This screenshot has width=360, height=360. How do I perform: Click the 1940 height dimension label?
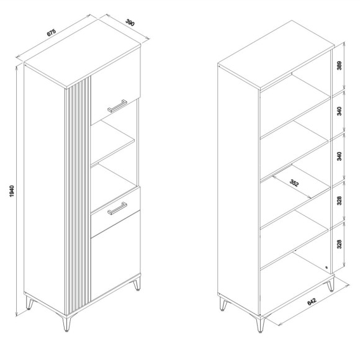pos(12,191)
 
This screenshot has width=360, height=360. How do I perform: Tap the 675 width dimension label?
pos(51,32)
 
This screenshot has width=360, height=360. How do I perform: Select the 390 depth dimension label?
pos(130,22)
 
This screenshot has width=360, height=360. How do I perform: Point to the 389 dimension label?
pos(340,66)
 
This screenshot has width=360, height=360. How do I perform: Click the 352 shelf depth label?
pos(294,183)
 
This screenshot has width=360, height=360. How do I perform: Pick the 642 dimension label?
pos(312,302)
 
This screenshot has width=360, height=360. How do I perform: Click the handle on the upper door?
pos(117,106)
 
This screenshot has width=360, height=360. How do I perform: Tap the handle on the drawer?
pos(117,209)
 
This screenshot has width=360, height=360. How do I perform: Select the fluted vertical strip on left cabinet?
pos(78,195)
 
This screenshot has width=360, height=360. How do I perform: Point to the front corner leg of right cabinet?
pos(260,324)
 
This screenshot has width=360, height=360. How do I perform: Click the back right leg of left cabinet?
pos(137,284)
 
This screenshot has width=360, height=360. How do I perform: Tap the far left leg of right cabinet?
pos(223,304)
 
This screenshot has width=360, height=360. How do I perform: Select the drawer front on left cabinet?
pos(115,212)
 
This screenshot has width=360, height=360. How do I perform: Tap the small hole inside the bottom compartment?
pos(326,268)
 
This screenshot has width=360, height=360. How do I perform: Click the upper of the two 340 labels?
pos(340,111)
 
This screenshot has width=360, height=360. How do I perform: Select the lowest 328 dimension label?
pos(340,244)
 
